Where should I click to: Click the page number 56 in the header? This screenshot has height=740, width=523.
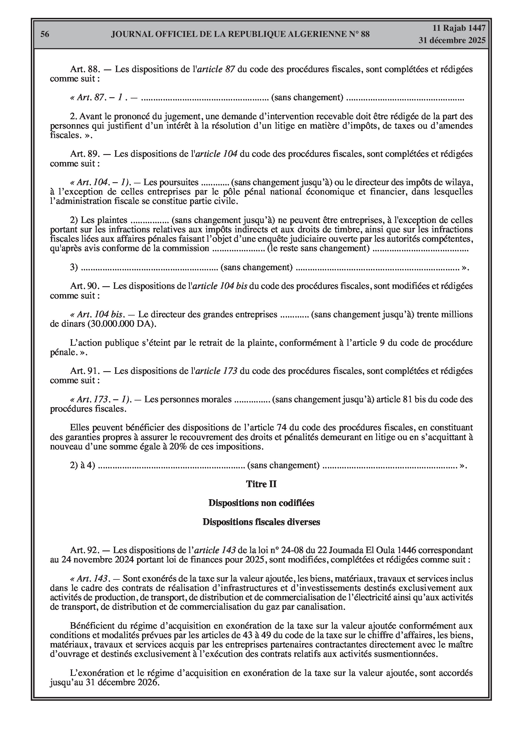45,34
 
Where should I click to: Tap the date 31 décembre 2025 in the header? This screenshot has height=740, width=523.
452,40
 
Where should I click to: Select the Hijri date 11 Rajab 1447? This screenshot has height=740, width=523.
459,28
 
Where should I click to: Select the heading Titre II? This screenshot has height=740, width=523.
261,484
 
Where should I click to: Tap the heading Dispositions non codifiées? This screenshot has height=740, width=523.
261,503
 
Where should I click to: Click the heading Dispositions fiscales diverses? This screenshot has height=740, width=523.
261,522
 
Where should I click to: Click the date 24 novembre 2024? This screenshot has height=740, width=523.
98,560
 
